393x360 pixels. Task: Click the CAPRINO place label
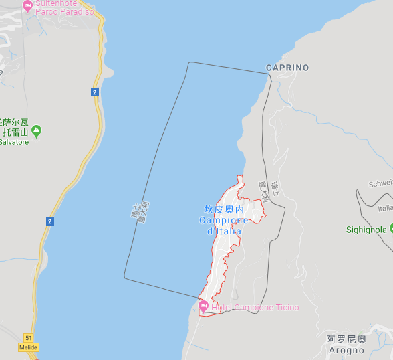click(287, 68)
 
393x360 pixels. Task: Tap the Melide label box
click(28, 347)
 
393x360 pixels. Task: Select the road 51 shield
click(28, 338)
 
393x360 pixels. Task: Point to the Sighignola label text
click(366, 230)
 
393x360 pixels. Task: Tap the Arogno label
click(346, 350)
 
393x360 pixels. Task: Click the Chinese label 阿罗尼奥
click(346, 339)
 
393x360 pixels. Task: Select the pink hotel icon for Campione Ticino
click(203, 306)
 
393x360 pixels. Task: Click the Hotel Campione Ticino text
click(255, 308)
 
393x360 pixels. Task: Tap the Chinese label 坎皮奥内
click(224, 210)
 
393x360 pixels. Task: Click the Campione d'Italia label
click(223, 226)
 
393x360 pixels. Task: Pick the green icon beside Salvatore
click(37, 130)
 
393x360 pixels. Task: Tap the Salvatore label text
click(13, 142)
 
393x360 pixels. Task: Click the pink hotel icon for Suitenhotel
click(27, 6)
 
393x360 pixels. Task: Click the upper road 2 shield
click(95, 92)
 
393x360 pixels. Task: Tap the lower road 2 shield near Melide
click(50, 221)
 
